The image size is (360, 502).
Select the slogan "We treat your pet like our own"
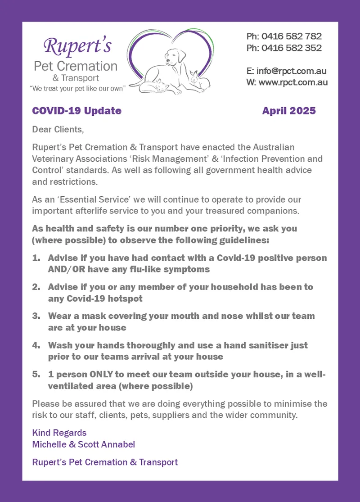point(77,88)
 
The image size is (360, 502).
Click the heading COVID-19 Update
point(76,111)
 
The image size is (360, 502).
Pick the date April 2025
point(289,111)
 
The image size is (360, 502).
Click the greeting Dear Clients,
point(58,130)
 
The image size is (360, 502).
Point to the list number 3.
point(36,316)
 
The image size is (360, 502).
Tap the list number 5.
point(36,375)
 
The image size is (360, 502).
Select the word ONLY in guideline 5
point(104,375)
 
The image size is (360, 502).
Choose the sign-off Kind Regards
point(59,433)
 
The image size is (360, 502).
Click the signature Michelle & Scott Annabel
point(84,444)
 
